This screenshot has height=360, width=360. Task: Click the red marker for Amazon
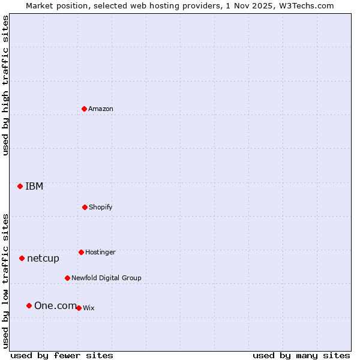[85, 109]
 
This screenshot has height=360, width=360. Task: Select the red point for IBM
[20, 186]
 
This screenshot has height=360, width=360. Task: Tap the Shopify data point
[85, 207]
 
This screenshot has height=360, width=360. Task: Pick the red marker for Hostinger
[81, 252]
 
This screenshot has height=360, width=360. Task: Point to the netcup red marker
[22, 258]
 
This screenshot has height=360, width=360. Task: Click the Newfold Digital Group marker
[67, 278]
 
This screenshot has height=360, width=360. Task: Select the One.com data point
[29, 305]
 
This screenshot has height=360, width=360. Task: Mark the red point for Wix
[79, 308]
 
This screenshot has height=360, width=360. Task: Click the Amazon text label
[101, 109]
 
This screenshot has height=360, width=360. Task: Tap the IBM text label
[34, 186]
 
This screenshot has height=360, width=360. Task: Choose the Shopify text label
[101, 207]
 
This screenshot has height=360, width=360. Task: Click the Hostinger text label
[100, 252]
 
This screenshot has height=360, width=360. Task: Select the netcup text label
[43, 258]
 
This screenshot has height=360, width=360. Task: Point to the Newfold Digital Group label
[106, 278]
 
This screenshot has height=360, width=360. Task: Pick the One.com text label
[55, 305]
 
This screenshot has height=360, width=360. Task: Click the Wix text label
[89, 308]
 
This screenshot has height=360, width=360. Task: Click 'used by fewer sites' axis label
[62, 355]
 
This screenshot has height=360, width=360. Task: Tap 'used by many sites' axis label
[301, 355]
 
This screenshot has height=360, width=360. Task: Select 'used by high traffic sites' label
[6, 85]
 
